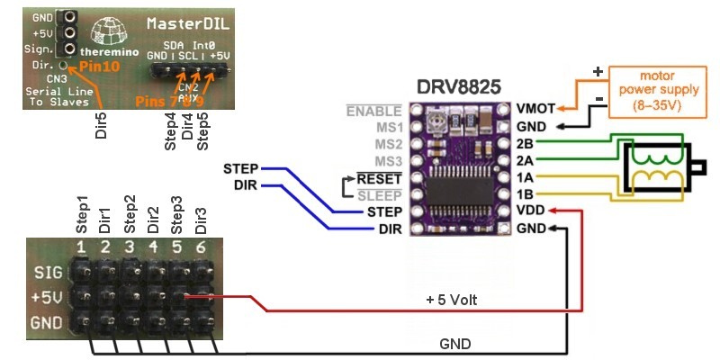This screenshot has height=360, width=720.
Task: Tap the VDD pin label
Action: pos(532,211)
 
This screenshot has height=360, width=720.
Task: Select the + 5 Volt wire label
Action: pos(455,299)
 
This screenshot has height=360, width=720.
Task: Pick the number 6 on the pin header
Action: pos(200,247)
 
